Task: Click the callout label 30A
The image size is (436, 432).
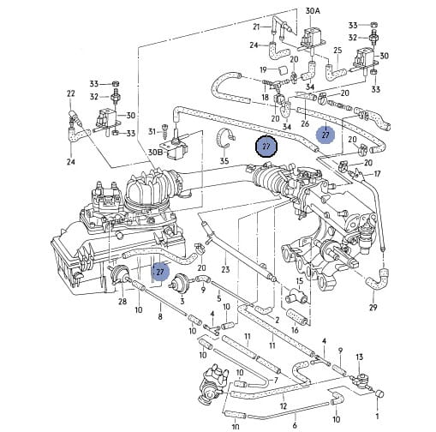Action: click(x=313, y=11)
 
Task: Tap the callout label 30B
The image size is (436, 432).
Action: click(x=156, y=152)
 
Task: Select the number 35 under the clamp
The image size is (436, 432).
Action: click(x=224, y=161)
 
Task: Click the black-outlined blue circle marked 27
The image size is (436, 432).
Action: click(x=266, y=147)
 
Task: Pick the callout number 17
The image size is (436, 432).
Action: click(x=377, y=174)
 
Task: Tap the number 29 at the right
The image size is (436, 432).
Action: click(x=373, y=307)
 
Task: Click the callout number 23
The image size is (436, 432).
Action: click(x=225, y=269)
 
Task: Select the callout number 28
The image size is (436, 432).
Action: click(x=122, y=302)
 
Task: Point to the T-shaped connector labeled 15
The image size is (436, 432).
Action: click(x=297, y=297)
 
